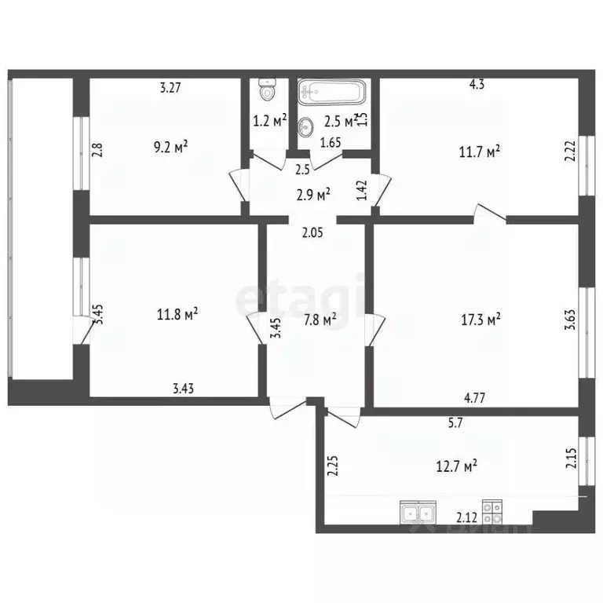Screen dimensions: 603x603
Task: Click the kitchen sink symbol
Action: (x=418, y=513)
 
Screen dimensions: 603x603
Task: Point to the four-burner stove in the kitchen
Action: (x=492, y=513)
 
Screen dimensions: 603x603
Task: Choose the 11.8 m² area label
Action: (x=177, y=316)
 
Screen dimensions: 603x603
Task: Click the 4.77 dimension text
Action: (x=474, y=398)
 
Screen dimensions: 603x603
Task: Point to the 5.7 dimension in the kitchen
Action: (x=455, y=422)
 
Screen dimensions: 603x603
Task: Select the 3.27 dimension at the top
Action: (x=170, y=88)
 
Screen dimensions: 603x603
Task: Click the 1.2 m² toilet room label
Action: (x=269, y=121)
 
